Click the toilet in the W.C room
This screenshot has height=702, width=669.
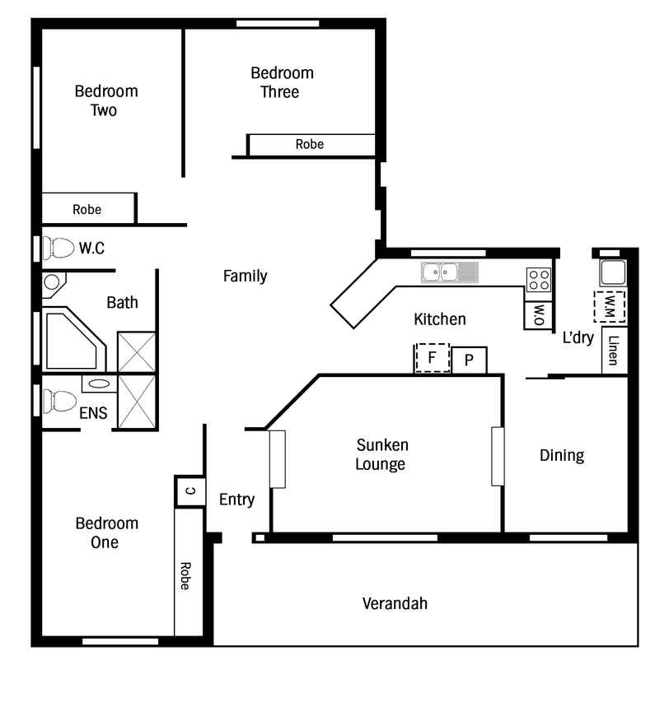(x=58, y=248)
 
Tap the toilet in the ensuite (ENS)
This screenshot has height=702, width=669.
(x=59, y=401)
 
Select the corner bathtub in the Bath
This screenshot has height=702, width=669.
(x=74, y=339)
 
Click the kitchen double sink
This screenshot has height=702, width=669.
(x=450, y=272)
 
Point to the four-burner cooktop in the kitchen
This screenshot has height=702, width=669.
(x=539, y=279)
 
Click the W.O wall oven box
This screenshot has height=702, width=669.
(x=539, y=316)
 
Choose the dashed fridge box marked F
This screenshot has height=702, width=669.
(x=432, y=358)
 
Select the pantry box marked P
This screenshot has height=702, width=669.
(x=469, y=360)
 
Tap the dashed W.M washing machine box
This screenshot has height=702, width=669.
(x=610, y=307)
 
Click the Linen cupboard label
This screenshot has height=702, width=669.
(x=613, y=350)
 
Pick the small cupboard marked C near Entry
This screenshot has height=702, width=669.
(x=190, y=491)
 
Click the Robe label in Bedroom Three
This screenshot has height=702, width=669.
(x=310, y=144)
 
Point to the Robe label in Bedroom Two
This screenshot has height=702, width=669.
(x=87, y=210)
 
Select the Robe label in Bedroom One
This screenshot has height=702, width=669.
(x=185, y=576)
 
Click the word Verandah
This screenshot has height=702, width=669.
(x=395, y=603)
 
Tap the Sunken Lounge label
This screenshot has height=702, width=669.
(x=381, y=454)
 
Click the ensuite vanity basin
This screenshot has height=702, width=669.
(x=99, y=384)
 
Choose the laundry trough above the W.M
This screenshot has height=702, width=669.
(x=614, y=272)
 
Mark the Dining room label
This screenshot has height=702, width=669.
(x=562, y=455)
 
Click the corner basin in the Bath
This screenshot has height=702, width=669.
(x=53, y=283)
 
